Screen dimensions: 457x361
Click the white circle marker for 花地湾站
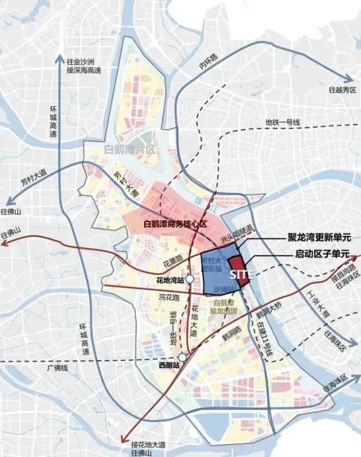(x=191, y=279)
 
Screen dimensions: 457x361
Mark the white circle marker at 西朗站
(x=183, y=357)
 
